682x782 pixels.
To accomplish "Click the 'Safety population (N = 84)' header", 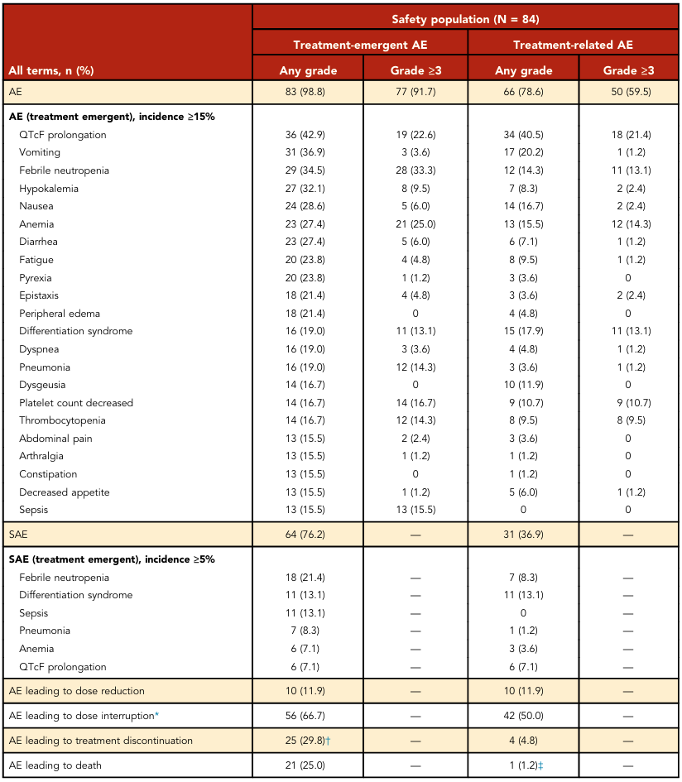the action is (x=465, y=19).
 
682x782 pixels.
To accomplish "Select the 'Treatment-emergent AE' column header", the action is (x=360, y=45).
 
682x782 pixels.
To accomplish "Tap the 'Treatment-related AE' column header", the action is (x=573, y=45).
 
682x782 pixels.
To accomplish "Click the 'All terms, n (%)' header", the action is (x=51, y=70).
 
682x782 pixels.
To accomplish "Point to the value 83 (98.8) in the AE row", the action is (x=305, y=92).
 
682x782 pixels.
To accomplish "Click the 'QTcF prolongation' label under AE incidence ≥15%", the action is (x=63, y=135).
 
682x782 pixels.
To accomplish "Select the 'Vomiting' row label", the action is (x=40, y=152).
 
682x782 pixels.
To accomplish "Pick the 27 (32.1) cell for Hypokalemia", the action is (x=305, y=189).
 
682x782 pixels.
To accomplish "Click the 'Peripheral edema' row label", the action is (x=60, y=313).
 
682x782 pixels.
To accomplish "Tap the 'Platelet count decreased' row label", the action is (x=76, y=402).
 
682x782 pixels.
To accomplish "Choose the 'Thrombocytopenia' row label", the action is (x=62, y=420).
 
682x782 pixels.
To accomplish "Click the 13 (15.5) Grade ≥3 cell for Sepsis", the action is (x=415, y=510).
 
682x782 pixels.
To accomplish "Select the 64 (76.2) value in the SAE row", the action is (x=305, y=535).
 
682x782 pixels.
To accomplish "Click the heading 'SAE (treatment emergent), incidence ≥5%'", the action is (x=112, y=559).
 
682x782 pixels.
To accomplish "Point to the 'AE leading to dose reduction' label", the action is (x=77, y=691).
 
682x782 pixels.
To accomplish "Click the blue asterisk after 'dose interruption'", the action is (x=156, y=714).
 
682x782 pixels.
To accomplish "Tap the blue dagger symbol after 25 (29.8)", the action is (x=329, y=741).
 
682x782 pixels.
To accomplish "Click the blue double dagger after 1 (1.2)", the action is (x=540, y=765).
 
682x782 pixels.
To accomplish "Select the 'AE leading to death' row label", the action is (x=55, y=765).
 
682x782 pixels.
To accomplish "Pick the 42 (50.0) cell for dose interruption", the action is (x=523, y=716).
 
